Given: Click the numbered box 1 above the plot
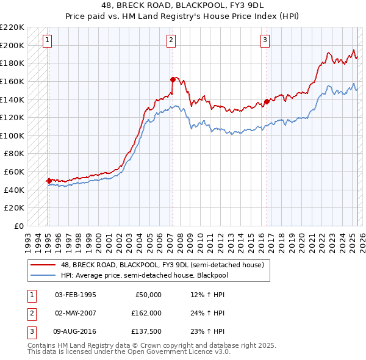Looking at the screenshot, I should (48, 41).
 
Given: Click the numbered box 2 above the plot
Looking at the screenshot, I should (171, 41).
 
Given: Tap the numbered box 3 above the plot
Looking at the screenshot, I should (265, 41).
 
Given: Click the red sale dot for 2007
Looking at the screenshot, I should (173, 79).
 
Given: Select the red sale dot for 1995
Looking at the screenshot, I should (49, 181).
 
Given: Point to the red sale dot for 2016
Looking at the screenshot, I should (267, 102).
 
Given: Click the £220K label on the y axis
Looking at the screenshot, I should (13, 27).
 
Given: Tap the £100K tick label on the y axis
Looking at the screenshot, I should (13, 135).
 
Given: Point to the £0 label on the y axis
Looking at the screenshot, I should (20, 226).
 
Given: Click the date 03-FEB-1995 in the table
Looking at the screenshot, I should (75, 295).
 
